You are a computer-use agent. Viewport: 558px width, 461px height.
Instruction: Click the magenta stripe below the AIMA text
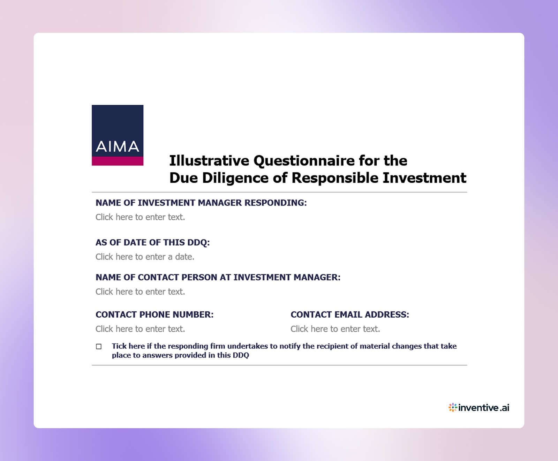(118, 161)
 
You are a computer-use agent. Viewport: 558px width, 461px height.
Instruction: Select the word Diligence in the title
(235, 178)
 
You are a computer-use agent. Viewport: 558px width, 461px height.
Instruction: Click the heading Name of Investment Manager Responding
(201, 203)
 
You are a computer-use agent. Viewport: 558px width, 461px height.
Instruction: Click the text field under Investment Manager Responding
(140, 217)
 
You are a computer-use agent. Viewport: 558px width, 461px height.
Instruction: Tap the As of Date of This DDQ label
(153, 243)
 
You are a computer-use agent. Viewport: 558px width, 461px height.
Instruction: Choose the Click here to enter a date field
(145, 257)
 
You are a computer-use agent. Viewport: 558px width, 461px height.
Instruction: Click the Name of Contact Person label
(218, 278)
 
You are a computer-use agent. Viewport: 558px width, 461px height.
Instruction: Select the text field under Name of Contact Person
(140, 292)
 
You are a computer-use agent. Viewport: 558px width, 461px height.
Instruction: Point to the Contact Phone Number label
(154, 315)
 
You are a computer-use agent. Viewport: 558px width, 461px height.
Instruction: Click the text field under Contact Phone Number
(140, 329)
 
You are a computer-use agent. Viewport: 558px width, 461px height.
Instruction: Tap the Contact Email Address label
(350, 315)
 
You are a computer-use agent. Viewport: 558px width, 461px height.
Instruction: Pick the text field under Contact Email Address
(335, 329)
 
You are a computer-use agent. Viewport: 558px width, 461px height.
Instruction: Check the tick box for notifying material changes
(99, 347)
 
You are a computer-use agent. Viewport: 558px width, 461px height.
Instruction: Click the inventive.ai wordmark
(484, 408)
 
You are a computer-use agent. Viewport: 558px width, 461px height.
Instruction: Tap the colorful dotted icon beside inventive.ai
(453, 408)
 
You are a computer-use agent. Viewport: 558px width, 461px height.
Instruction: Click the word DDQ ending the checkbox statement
(241, 355)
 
